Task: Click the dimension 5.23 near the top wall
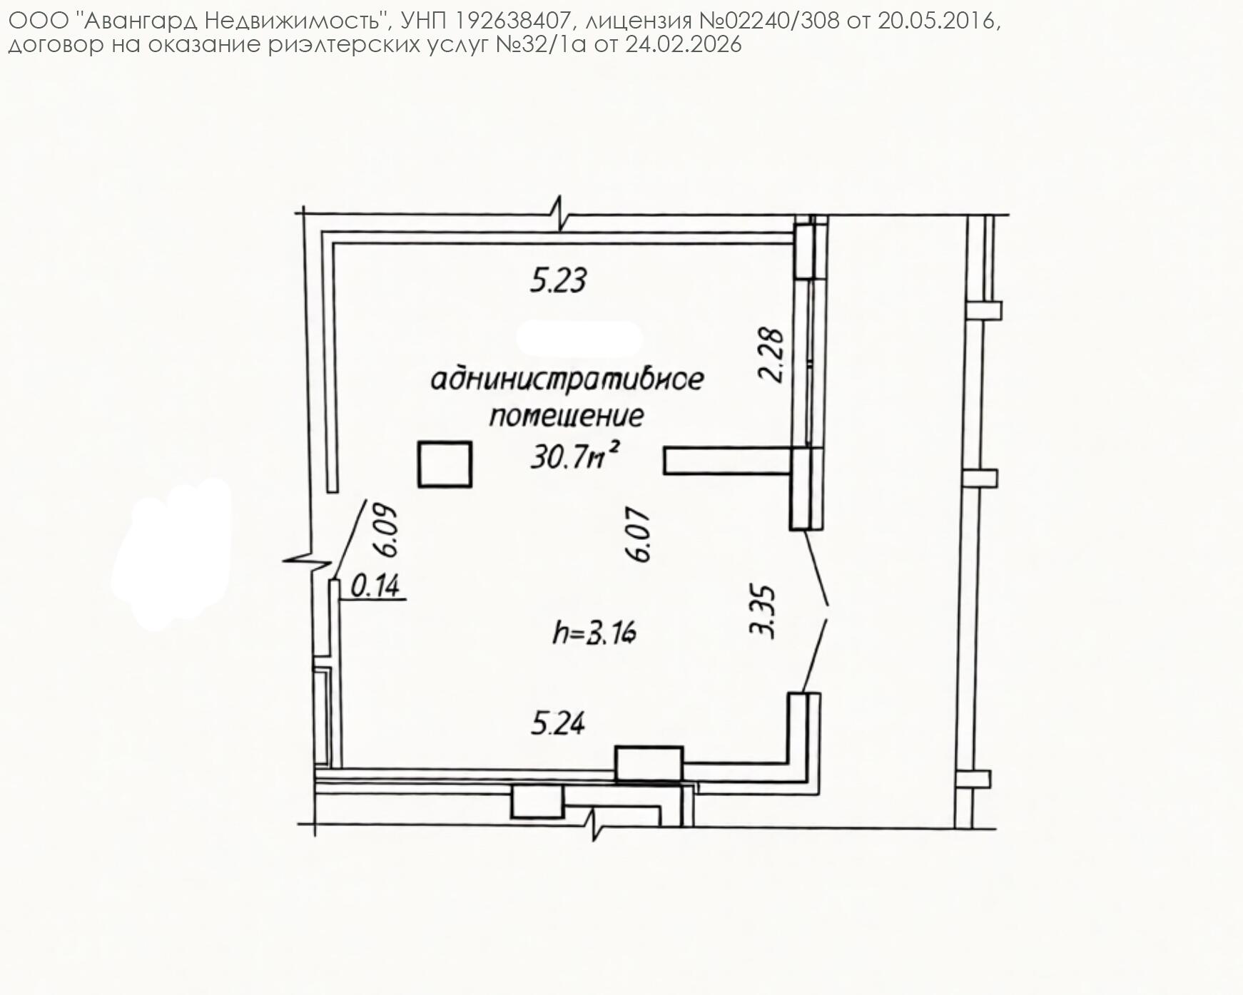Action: coord(558,280)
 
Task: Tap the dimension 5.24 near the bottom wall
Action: coord(558,723)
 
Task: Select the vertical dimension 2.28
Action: coord(772,354)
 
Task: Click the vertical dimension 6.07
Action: coord(640,535)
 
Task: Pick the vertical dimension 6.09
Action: coord(386,531)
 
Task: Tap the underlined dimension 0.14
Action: coord(376,586)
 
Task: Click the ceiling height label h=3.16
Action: coord(594,633)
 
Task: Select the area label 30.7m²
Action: coord(573,455)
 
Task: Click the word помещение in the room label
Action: coord(567,416)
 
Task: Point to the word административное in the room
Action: coord(567,379)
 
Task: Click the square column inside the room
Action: coord(445,464)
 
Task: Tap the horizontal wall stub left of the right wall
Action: coord(728,460)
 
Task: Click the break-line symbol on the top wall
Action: coord(560,213)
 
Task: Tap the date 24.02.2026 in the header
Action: coord(684,45)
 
